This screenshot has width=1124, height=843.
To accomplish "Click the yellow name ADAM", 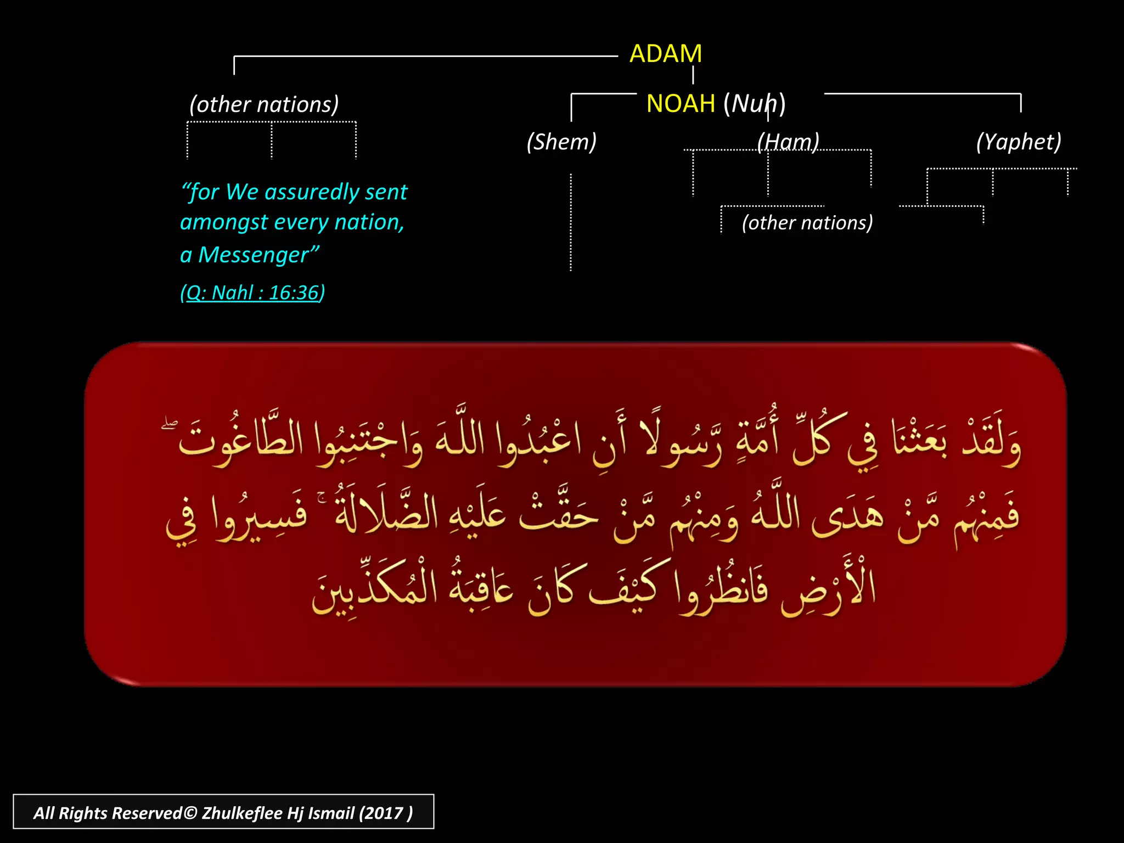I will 665,54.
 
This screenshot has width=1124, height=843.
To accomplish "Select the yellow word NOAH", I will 681,104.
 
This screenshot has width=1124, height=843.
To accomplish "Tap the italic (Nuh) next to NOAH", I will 754,104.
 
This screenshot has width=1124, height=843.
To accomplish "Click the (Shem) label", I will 561,142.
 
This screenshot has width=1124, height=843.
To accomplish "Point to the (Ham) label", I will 788,142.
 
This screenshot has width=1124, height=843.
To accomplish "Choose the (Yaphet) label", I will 1018,142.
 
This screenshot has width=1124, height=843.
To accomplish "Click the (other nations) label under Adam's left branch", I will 264,104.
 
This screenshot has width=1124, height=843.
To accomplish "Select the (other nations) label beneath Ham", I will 807,223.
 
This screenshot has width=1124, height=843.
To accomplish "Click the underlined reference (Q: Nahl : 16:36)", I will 252,293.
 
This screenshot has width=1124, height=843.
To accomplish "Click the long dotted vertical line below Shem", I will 571,222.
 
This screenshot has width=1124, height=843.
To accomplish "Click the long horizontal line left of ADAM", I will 425,57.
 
